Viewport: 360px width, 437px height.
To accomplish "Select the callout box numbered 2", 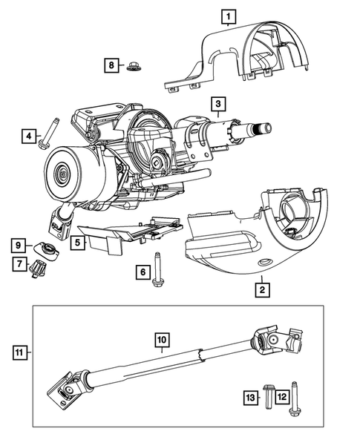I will click(x=261, y=289).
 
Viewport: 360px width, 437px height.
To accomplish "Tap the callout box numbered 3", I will click(x=217, y=103).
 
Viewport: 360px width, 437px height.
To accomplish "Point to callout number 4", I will click(x=29, y=136).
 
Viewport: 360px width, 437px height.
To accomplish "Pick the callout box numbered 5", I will click(x=77, y=241).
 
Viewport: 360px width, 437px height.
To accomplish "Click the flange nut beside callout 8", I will click(x=134, y=66).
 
